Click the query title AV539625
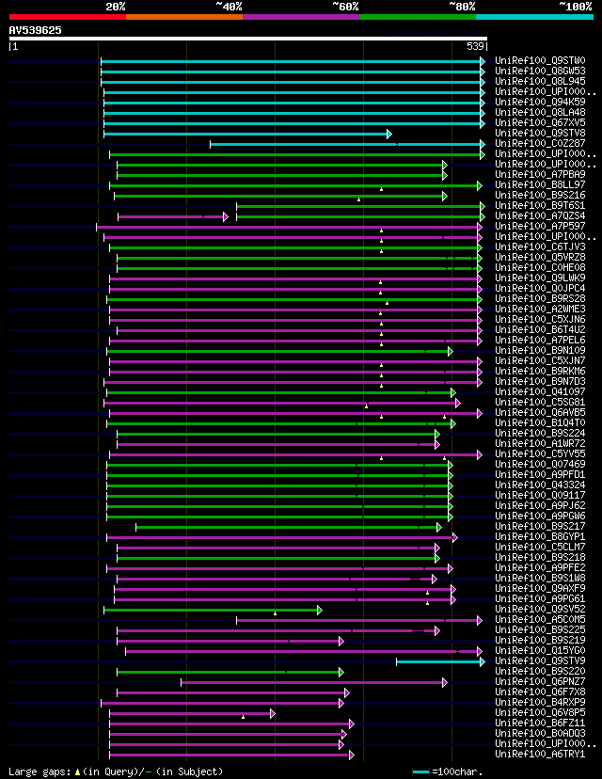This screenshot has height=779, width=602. tap(36, 30)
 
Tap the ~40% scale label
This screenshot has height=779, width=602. tap(229, 6)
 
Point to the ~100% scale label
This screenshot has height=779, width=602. tap(575, 6)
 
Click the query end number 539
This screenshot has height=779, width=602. tap(475, 46)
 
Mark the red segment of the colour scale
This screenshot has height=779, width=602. tap(67, 16)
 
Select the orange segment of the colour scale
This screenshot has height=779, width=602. tap(183, 16)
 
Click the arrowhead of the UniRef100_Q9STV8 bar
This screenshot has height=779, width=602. tap(388, 134)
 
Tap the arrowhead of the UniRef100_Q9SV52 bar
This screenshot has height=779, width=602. tap(320, 610)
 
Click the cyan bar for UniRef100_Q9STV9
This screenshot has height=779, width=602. tap(437, 661)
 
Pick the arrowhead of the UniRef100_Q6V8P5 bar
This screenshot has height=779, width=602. tap(273, 713)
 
